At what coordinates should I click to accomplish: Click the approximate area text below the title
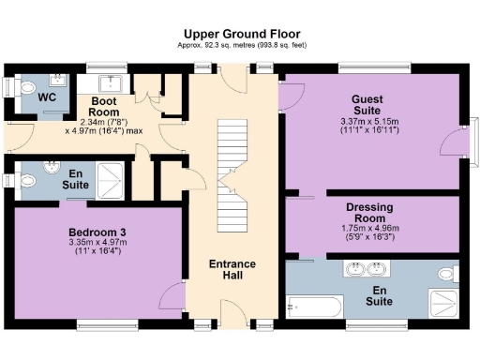coord(240,45)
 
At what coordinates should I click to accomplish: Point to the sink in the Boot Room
coord(112,80)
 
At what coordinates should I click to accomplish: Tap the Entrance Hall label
coord(233,273)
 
